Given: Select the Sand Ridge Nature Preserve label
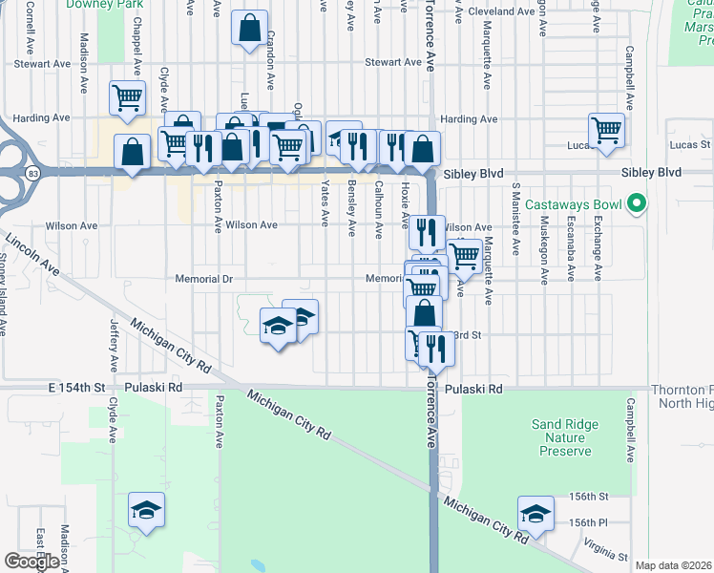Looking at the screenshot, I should [x=564, y=437].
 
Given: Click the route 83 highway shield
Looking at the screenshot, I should [x=34, y=173].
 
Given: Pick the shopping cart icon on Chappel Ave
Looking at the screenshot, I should [x=128, y=97].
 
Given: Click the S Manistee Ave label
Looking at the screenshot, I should [x=515, y=221].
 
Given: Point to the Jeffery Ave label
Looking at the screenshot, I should [x=113, y=347].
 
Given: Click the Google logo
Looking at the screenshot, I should [x=31, y=562].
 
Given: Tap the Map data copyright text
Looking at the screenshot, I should [x=673, y=565].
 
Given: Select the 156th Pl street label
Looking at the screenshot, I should [x=588, y=522].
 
